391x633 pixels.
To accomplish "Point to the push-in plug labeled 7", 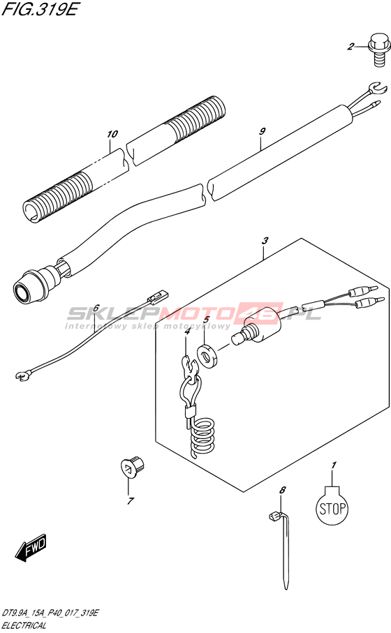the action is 133,468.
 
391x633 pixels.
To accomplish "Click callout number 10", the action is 112,133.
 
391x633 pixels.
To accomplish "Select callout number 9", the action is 263,131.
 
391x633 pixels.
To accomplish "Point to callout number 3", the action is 265,241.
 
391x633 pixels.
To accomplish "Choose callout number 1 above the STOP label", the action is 334,466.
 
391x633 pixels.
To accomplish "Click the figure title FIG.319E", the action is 39,9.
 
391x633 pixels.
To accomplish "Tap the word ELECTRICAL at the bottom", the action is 24,626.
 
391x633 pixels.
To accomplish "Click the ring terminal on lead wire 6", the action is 22,376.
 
